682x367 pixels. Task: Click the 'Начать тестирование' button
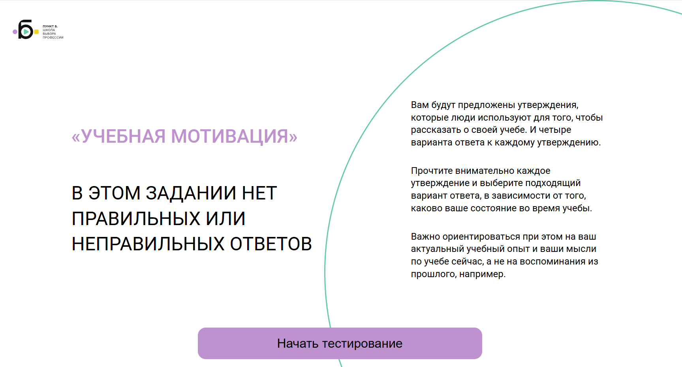(x=340, y=343)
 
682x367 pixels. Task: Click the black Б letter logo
(x=25, y=29)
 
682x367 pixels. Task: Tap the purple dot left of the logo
(x=15, y=32)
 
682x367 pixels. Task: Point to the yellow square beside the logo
(x=36, y=32)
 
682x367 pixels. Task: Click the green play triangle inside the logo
(x=26, y=32)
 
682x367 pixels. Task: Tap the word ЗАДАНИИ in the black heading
(x=191, y=193)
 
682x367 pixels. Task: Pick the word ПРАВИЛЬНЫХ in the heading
(x=136, y=218)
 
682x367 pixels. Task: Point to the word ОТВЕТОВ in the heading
(x=271, y=244)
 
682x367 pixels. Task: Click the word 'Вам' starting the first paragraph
(x=419, y=105)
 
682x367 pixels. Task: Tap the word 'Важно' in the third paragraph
(x=425, y=237)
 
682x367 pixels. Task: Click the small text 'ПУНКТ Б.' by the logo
(x=50, y=26)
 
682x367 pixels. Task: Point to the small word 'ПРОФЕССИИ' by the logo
(x=53, y=37)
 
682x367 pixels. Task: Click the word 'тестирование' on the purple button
(x=362, y=344)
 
